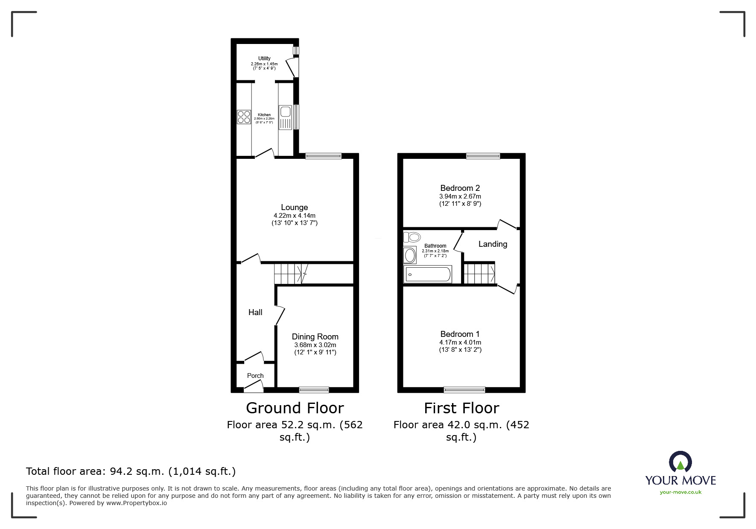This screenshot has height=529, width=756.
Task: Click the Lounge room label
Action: [294, 208]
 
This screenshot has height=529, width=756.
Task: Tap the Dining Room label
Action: [315, 336]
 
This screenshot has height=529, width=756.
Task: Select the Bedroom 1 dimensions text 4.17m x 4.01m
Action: [460, 342]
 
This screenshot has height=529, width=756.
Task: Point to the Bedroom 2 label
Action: [460, 188]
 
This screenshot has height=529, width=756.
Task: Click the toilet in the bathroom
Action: [412, 237]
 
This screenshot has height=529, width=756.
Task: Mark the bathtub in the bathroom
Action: [427, 274]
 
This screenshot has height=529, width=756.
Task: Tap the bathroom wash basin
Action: [410, 255]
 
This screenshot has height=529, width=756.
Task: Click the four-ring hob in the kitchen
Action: [244, 117]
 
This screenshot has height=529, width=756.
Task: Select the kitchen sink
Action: [285, 112]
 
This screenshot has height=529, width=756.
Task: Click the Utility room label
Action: [264, 58]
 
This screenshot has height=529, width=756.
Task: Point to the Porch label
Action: [255, 376]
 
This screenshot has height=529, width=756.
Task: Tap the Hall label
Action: [255, 312]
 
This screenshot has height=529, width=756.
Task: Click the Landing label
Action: [493, 244]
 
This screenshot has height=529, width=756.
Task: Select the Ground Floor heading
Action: [295, 408]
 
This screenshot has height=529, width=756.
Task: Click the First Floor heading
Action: [461, 408]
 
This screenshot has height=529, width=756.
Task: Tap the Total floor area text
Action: [131, 471]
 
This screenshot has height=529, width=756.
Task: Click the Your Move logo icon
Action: [680, 462]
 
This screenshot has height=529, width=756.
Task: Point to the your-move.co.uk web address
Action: [680, 492]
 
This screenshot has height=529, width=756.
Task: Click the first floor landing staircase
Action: [479, 274]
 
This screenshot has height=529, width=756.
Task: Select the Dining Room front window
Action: [314, 389]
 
